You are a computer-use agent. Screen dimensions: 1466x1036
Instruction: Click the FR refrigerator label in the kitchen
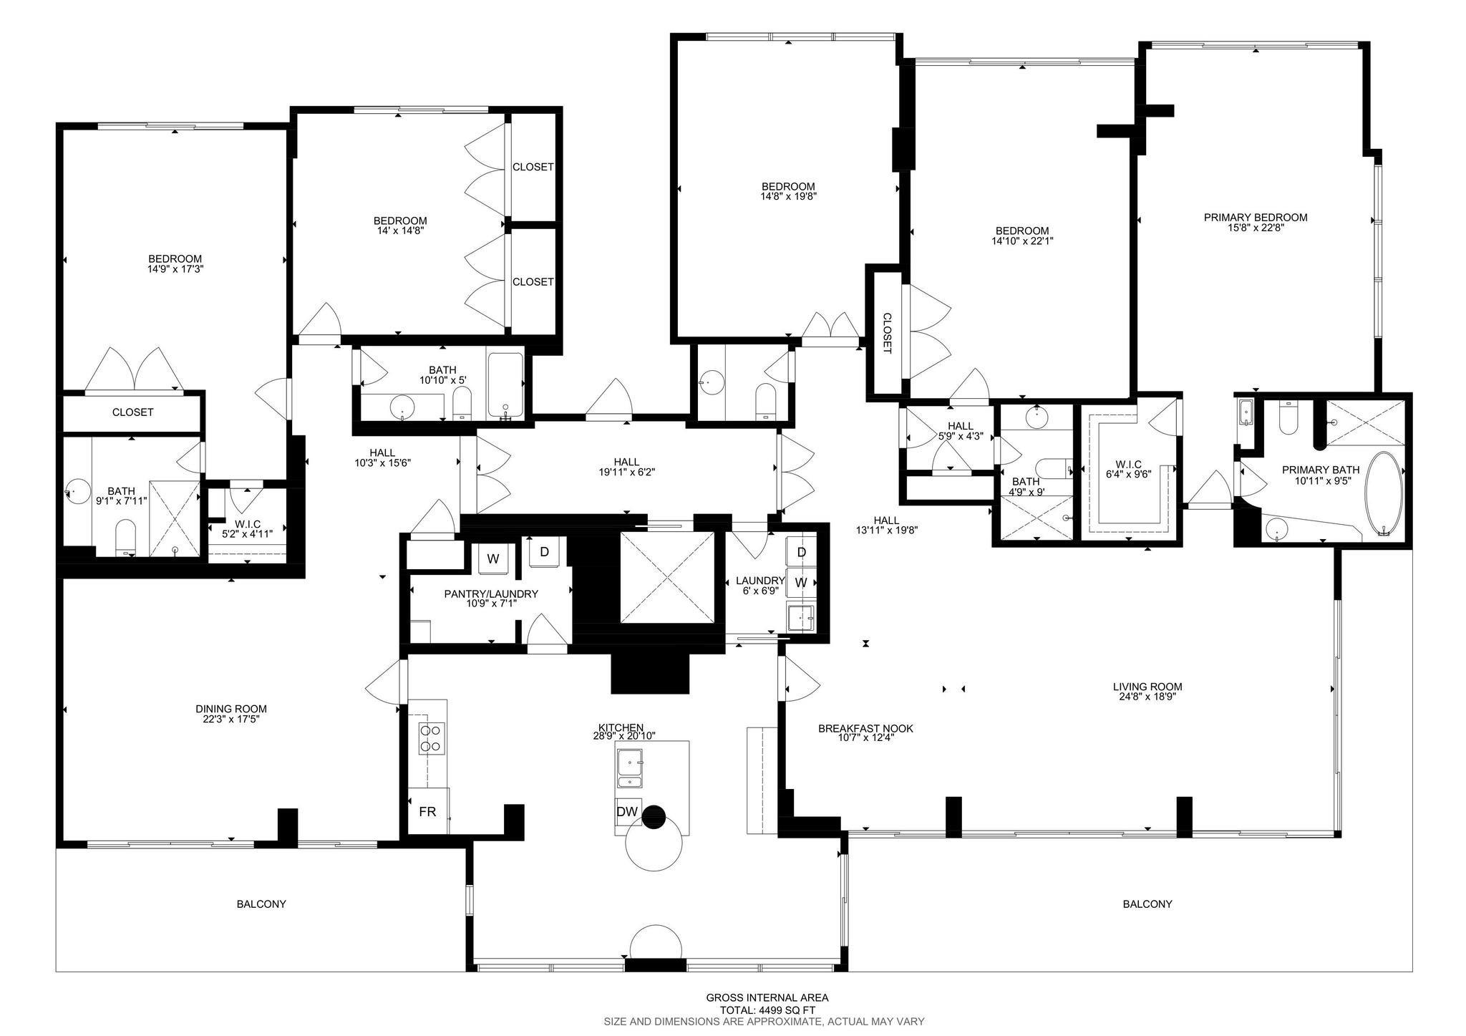(427, 812)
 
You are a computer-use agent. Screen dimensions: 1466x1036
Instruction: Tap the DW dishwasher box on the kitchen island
(628, 811)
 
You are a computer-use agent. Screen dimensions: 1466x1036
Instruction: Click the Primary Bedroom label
(1256, 218)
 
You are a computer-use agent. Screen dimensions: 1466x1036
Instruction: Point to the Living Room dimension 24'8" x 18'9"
(1147, 696)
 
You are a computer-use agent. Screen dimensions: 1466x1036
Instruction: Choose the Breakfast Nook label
(865, 729)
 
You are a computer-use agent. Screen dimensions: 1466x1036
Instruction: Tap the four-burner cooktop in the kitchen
(432, 738)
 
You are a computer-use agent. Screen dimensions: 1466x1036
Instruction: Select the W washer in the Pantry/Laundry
(493, 559)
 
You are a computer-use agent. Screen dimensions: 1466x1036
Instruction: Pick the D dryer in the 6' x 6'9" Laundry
(801, 552)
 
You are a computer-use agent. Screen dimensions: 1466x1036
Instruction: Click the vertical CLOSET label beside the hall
(886, 333)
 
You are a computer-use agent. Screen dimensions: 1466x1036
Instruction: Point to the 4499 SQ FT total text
(767, 1010)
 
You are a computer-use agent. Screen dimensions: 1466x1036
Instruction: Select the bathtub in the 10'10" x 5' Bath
(506, 385)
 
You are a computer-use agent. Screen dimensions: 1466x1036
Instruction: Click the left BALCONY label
(261, 904)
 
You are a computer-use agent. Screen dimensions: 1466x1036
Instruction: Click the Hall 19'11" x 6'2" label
(627, 467)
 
